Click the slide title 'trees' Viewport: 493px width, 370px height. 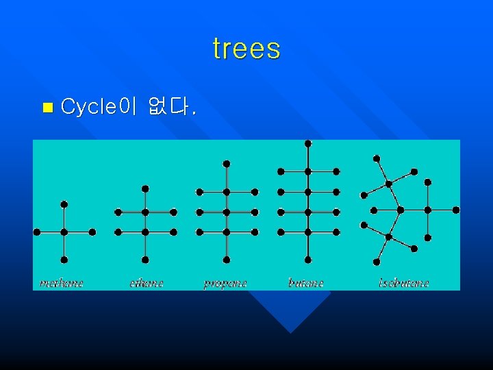pyautogui.click(x=246, y=49)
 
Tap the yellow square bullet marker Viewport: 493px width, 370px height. pyautogui.click(x=47, y=107)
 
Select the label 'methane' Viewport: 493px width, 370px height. pyautogui.click(x=62, y=282)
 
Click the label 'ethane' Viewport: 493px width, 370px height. pyautogui.click(x=147, y=282)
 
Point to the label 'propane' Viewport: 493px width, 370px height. pyautogui.click(x=225, y=283)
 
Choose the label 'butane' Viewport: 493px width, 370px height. pyautogui.click(x=305, y=282)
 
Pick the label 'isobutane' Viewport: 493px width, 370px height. pyautogui.click(x=404, y=282)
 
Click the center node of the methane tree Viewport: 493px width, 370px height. pyautogui.click(x=64, y=232)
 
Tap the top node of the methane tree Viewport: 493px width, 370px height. pyautogui.click(x=64, y=204)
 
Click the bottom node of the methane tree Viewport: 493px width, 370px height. pyautogui.click(x=64, y=260)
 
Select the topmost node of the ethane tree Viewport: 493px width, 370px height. pyautogui.click(x=145, y=188)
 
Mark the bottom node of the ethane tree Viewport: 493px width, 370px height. pyautogui.click(x=145, y=260)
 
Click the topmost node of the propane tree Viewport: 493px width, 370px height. pyautogui.click(x=227, y=164)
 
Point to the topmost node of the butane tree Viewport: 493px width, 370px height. pyautogui.click(x=308, y=144)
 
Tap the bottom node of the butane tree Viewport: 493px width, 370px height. pyautogui.click(x=308, y=260)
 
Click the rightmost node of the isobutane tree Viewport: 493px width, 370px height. pyautogui.click(x=456, y=210)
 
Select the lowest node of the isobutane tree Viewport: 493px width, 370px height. pyautogui.click(x=377, y=262)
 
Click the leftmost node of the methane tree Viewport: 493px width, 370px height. pyautogui.click(x=37, y=232)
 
